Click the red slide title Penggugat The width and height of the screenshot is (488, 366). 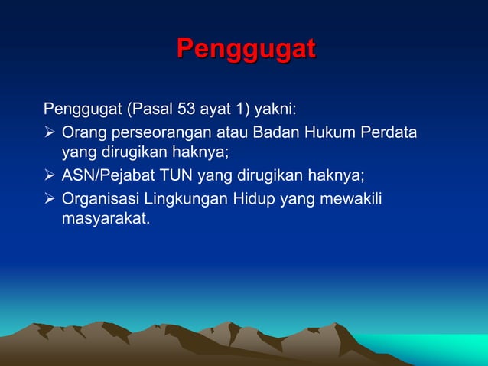[245, 48]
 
